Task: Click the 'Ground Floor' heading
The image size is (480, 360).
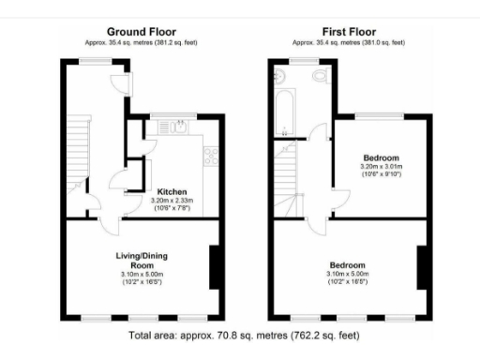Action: point(141,31)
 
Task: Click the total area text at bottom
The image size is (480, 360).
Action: point(240,335)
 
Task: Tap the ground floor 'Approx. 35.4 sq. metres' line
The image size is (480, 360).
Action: point(141,42)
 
